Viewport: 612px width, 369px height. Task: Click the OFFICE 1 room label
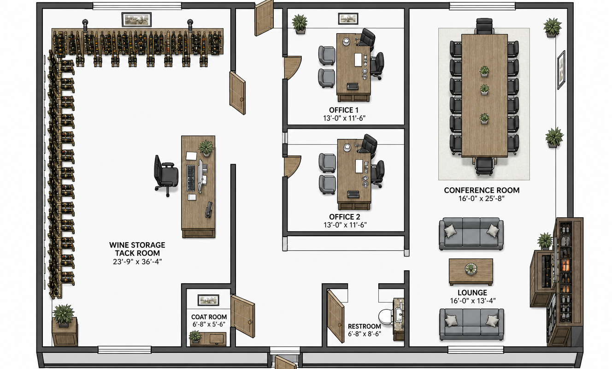pos(343,110)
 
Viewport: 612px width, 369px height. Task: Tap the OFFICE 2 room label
pos(345,217)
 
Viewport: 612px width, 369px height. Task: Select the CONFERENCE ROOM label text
pos(482,190)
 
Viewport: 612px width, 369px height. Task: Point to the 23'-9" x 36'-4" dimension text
pos(137,262)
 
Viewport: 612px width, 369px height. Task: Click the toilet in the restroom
pos(386,317)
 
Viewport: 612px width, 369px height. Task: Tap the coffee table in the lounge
pos(471,272)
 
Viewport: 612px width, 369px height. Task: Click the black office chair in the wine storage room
pos(166,176)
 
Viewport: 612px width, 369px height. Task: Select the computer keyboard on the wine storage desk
pos(191,178)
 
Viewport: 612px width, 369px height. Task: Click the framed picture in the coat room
pos(208,300)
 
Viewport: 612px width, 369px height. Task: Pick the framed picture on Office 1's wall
pos(348,18)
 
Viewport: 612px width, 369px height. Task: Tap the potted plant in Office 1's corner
pos(300,24)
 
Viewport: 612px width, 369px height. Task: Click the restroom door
pos(335,316)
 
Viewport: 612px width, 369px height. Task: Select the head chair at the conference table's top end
pos(484,26)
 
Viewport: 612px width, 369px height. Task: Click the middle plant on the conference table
pos(484,89)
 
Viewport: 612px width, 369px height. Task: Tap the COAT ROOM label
pos(209,317)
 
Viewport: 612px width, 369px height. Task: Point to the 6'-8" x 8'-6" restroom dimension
pos(365,333)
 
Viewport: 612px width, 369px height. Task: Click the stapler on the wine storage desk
pos(209,210)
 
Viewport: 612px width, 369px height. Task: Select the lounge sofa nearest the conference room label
pos(471,234)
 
